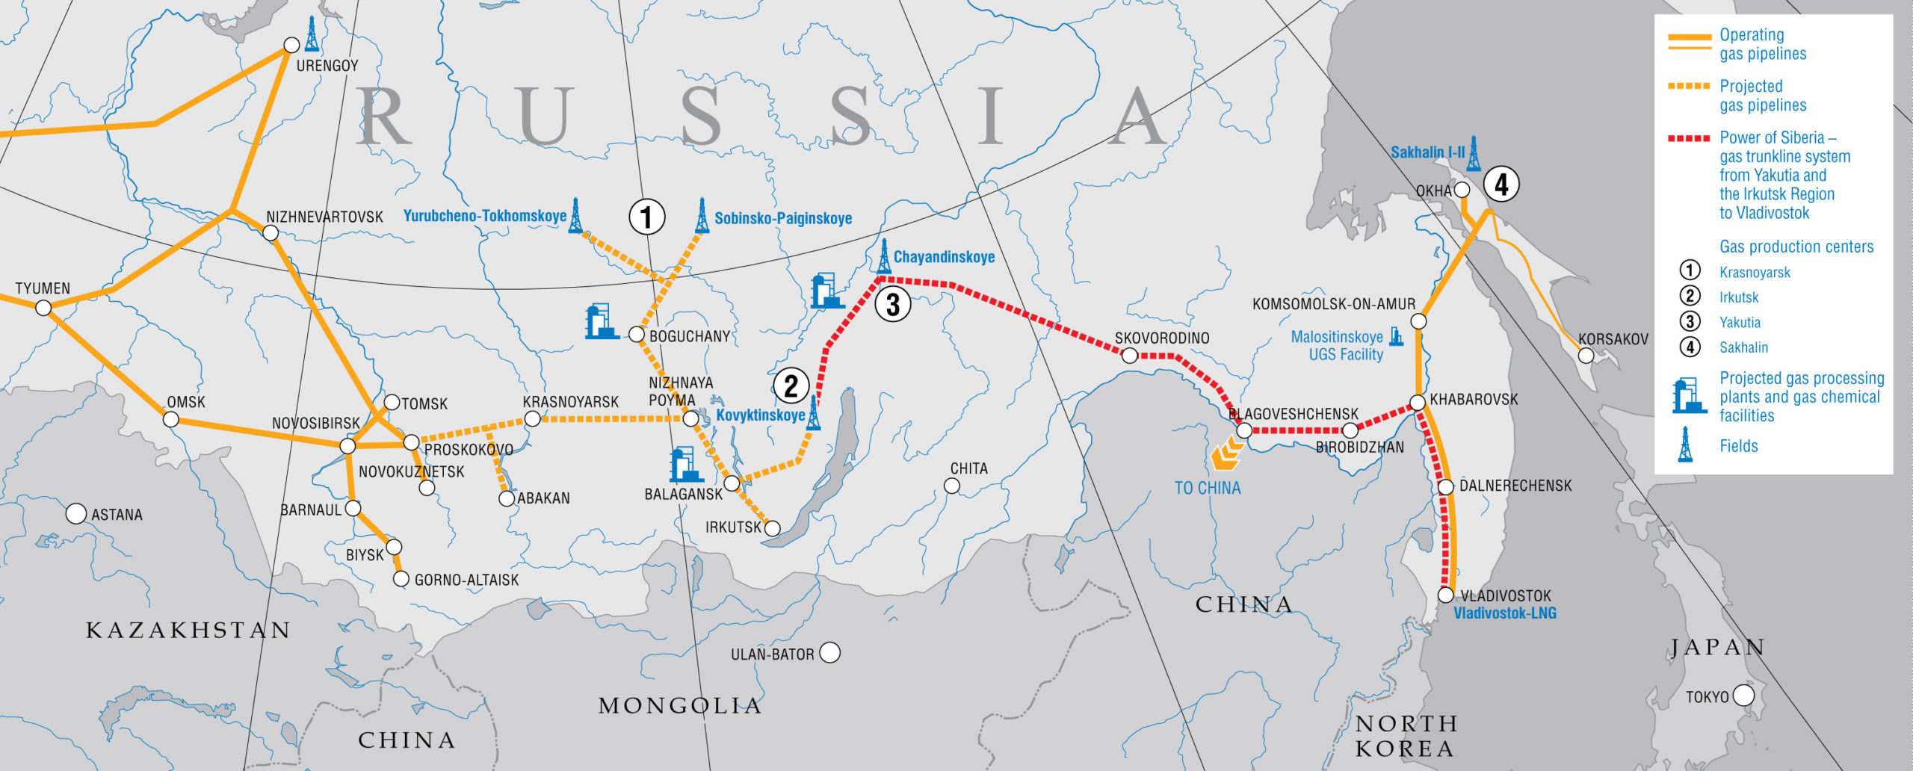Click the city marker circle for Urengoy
click(x=291, y=46)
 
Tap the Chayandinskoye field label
click(x=944, y=257)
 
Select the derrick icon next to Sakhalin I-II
click(x=1473, y=153)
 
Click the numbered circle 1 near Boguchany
click(x=646, y=217)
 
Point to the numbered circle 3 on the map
click(x=892, y=304)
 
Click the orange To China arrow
click(x=1226, y=454)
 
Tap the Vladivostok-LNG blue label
click(x=1504, y=613)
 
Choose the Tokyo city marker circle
click(x=1743, y=696)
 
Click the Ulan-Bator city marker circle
click(x=829, y=653)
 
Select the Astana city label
click(x=117, y=515)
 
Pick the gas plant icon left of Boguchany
click(x=601, y=321)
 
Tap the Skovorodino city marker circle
click(x=1130, y=356)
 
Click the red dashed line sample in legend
click(x=1689, y=138)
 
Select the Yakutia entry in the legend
click(x=1740, y=323)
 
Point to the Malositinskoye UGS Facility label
click(x=1338, y=346)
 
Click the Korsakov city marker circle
click(x=1586, y=356)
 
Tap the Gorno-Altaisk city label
click(x=466, y=580)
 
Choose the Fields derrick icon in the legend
click(x=1685, y=445)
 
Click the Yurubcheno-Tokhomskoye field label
click(x=485, y=216)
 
